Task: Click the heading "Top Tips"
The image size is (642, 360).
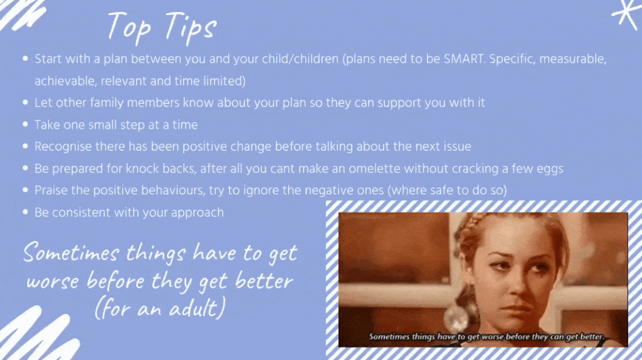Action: pyautogui.click(x=162, y=28)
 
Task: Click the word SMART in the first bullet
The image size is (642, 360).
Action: pyautogui.click(x=465, y=59)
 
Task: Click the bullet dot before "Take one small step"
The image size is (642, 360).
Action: pyautogui.click(x=25, y=124)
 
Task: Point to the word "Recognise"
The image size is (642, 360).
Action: pyautogui.click(x=63, y=147)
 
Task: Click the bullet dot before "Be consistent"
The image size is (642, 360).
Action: pyautogui.click(x=25, y=212)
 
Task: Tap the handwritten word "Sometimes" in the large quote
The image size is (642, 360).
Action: pyautogui.click(x=71, y=252)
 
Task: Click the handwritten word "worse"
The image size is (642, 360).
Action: pyautogui.click(x=53, y=282)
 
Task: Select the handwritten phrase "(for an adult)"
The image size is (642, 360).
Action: pyautogui.click(x=160, y=308)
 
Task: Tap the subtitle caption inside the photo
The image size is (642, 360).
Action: pyautogui.click(x=487, y=337)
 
